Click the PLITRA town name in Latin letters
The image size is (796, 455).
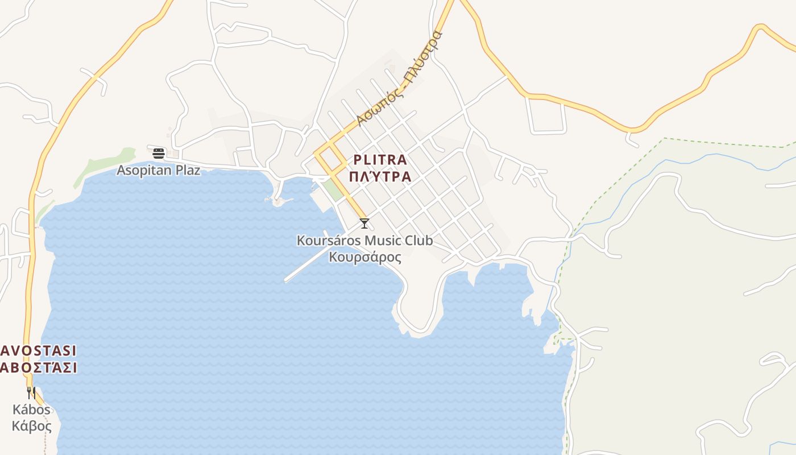(x=380, y=160)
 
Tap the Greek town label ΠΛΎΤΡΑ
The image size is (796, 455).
(x=380, y=176)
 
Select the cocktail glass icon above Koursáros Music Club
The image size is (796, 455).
(x=364, y=224)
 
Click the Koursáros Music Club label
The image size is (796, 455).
(x=364, y=241)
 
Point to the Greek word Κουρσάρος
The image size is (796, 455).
(x=364, y=257)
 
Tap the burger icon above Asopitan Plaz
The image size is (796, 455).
(x=159, y=153)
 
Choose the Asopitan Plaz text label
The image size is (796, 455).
(x=159, y=170)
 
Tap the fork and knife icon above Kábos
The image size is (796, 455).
(x=31, y=392)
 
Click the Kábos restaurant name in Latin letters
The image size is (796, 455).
(x=31, y=409)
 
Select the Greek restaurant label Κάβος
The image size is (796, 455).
(x=31, y=426)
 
